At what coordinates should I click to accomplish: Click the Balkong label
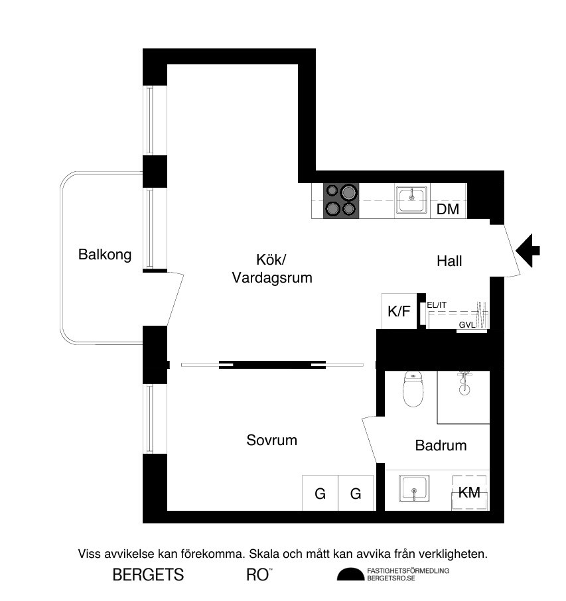(105, 255)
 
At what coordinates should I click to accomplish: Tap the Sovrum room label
(271, 440)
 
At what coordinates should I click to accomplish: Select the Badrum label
(441, 445)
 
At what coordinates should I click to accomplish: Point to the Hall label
(449, 261)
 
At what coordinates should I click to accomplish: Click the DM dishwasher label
(447, 209)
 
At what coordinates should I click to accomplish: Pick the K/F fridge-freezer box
(399, 311)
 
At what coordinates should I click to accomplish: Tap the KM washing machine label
(469, 492)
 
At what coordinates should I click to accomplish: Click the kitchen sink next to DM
(412, 200)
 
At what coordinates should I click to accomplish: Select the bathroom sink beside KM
(414, 488)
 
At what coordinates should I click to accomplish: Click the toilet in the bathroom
(413, 389)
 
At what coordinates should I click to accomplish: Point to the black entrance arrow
(528, 251)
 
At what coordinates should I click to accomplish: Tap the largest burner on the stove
(348, 192)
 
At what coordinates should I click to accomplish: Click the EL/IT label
(437, 305)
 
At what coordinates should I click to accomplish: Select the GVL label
(467, 325)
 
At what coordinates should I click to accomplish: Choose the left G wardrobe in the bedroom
(320, 493)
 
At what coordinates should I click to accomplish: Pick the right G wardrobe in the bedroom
(356, 493)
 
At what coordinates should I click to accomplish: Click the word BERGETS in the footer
(149, 575)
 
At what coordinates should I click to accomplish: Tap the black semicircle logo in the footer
(351, 574)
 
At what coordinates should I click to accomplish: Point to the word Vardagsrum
(272, 277)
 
